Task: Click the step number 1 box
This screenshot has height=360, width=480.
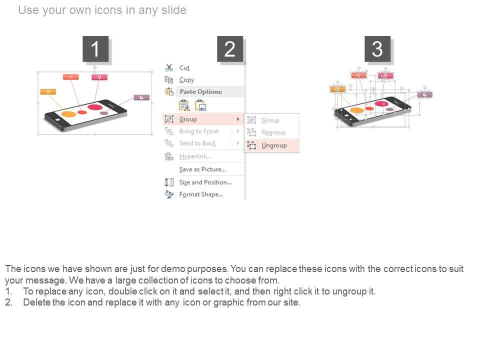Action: point(95,49)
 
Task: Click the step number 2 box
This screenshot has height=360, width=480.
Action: point(230,49)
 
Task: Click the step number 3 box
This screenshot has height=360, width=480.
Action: point(377,49)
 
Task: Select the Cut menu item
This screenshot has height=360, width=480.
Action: point(184,67)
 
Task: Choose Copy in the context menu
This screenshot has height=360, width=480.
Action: point(186,80)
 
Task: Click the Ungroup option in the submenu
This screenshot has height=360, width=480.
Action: point(274,145)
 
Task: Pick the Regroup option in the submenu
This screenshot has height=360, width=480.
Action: point(273,132)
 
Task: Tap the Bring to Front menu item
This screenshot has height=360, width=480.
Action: point(199,131)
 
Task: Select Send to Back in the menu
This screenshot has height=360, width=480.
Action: point(197,143)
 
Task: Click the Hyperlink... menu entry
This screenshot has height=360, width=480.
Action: point(195,156)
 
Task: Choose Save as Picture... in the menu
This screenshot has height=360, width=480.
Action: point(202,169)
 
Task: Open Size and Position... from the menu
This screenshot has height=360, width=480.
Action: point(205,182)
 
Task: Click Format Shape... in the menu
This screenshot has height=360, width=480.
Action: point(201,194)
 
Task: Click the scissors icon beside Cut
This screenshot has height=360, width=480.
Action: point(169,67)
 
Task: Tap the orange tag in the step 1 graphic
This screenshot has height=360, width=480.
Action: point(48,91)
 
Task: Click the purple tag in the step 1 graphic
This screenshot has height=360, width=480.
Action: point(141,97)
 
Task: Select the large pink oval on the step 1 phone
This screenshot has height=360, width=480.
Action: point(95,107)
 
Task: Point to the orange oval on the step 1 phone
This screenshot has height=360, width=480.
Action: point(69,114)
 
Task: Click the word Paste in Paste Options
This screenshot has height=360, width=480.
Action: point(187,91)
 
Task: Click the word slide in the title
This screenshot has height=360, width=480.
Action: point(174,10)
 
